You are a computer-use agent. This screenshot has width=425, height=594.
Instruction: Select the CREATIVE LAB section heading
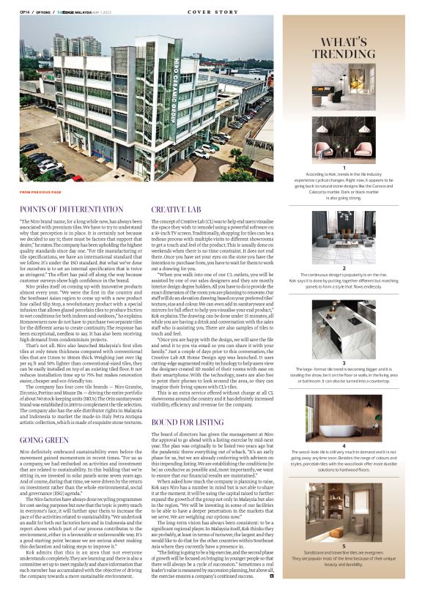point(176,209)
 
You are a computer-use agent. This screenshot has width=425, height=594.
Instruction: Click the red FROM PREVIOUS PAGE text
point(41,192)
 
